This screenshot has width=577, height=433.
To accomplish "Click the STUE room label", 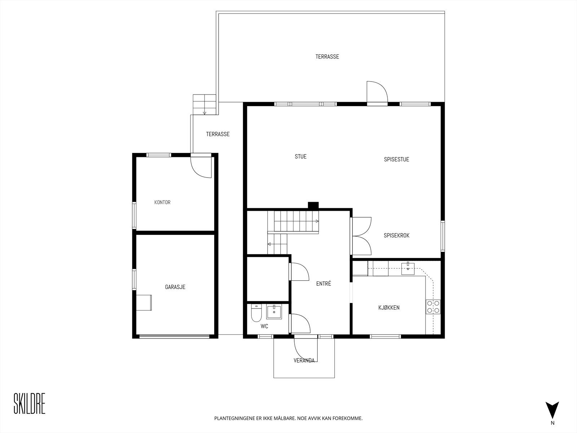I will (300, 157).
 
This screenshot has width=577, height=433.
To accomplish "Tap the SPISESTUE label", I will (396, 159).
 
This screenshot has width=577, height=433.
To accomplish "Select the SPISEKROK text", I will (396, 236).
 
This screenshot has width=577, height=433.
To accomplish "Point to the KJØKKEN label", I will (389, 308).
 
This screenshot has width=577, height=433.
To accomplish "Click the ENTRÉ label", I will (323, 284).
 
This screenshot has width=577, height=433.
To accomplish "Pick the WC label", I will (264, 327).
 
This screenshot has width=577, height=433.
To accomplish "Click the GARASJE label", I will (175, 287).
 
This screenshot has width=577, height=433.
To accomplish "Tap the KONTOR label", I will (162, 202).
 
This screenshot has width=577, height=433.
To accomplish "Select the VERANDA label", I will (304, 360).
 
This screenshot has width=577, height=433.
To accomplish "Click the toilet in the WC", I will (256, 313).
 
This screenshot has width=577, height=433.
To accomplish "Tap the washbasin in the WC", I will (274, 312).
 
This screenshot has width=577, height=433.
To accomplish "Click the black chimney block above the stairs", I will (313, 205).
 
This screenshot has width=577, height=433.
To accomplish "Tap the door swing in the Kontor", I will (201, 167).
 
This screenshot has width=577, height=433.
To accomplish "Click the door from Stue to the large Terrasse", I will (376, 93).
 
